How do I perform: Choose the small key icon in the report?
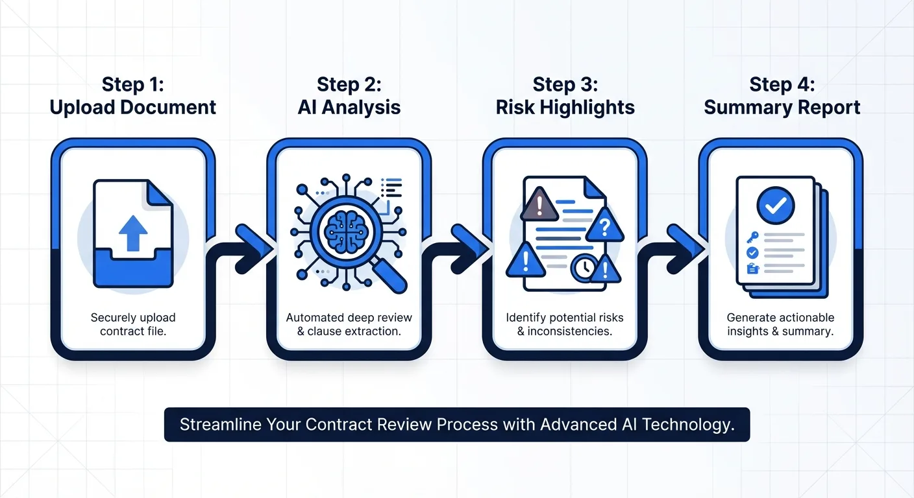(753, 237)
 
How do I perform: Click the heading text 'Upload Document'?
(133, 107)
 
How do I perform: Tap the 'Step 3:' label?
(565, 84)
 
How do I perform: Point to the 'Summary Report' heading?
(782, 107)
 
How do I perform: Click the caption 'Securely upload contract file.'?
(133, 324)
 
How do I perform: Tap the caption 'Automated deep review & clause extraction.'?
(349, 324)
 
